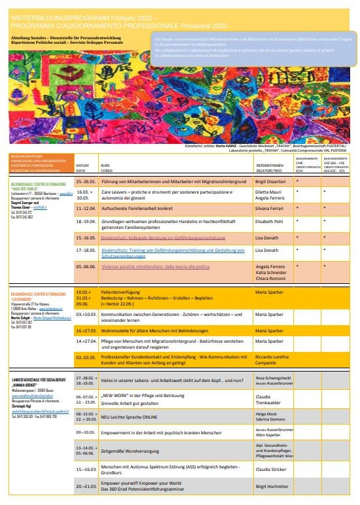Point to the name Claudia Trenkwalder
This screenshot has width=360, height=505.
275,399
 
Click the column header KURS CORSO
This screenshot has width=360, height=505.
105,166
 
